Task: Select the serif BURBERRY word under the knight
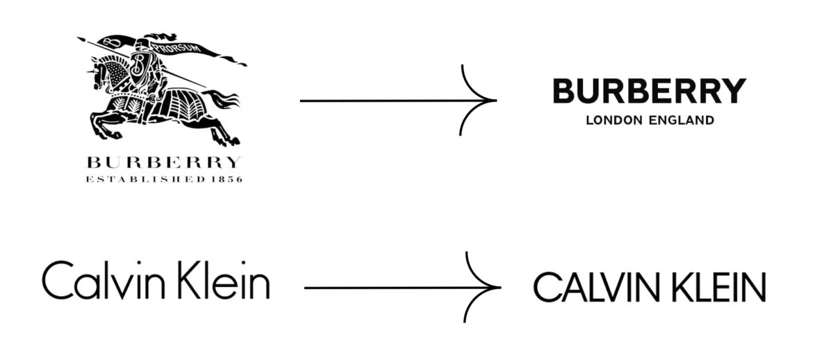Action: (x=163, y=163)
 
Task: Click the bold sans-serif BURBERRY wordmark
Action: (x=649, y=91)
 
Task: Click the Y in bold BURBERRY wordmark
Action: (x=734, y=91)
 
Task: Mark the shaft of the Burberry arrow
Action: (x=382, y=101)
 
